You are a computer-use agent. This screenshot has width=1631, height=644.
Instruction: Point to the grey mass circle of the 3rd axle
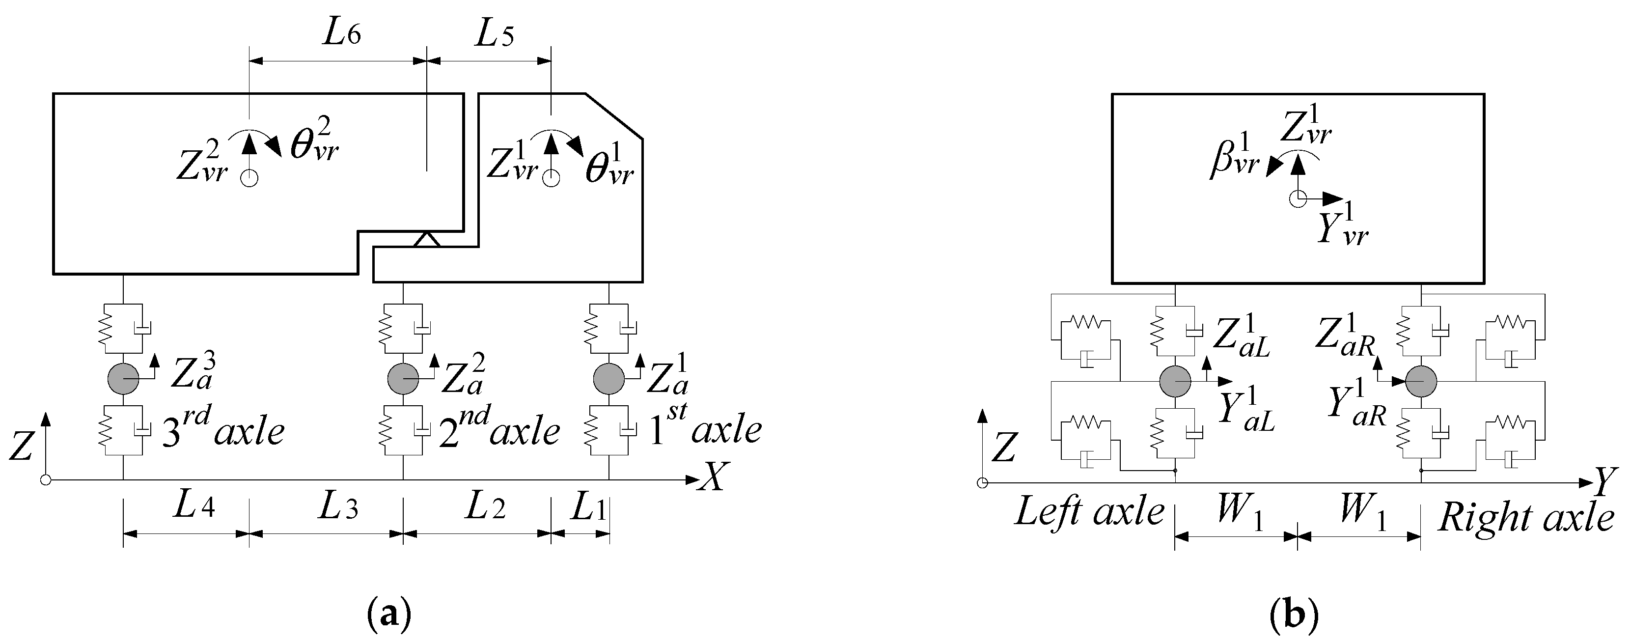123,379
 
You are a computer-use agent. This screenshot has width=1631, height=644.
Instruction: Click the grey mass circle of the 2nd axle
403,379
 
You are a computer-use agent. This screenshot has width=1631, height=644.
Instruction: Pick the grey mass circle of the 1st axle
608,379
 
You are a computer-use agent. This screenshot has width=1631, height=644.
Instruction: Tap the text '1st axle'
705,429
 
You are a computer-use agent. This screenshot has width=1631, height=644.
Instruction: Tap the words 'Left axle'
1089,512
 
